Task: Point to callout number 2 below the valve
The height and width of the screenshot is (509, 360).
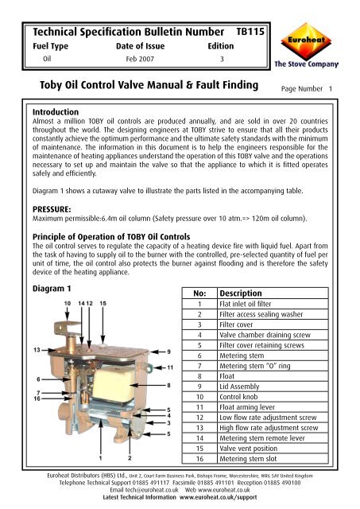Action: tap(127, 457)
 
